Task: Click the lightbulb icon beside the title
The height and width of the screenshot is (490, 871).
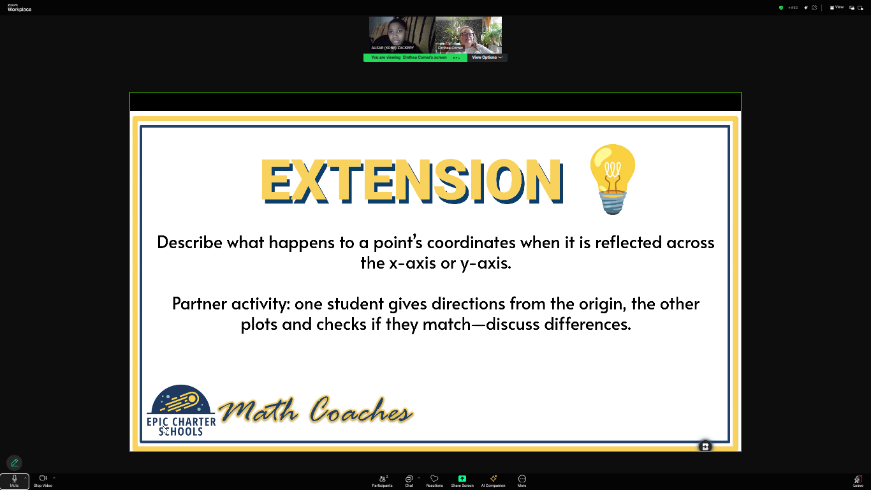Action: click(x=612, y=179)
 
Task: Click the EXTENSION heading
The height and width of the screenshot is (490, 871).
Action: click(x=411, y=181)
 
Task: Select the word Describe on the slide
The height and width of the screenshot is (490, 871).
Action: click(x=189, y=242)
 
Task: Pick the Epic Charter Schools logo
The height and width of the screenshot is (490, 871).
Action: click(x=181, y=410)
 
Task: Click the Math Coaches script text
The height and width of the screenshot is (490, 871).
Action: click(x=316, y=411)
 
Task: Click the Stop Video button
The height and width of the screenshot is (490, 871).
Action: click(x=43, y=480)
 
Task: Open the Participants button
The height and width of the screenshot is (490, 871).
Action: click(x=383, y=480)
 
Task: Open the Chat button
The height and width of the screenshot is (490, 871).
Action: click(x=409, y=480)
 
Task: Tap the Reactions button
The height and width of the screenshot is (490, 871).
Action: click(x=434, y=480)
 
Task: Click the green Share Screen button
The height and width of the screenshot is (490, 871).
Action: click(x=462, y=480)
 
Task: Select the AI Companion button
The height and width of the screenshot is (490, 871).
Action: click(x=493, y=480)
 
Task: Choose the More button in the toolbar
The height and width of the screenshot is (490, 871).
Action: click(x=522, y=480)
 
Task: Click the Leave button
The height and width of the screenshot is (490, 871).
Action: click(x=858, y=480)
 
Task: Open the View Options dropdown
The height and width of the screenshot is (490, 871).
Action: click(x=487, y=57)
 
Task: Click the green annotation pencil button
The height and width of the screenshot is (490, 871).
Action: click(x=15, y=463)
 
